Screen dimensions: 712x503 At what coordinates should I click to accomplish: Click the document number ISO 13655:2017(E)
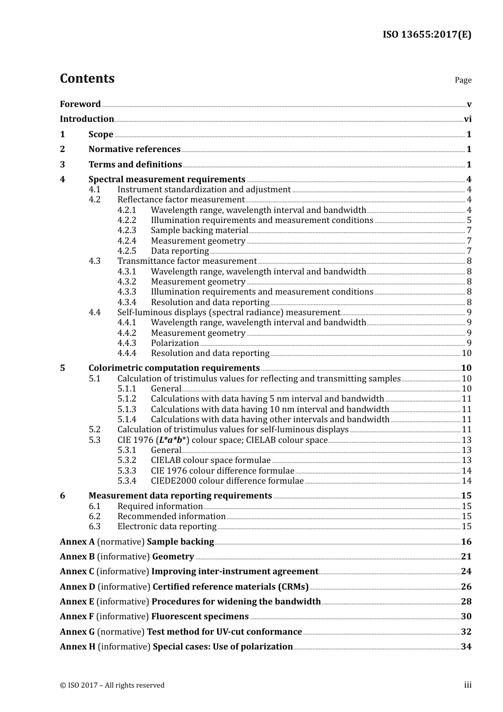pos(427,35)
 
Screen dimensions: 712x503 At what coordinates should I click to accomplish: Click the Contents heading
pos(87,78)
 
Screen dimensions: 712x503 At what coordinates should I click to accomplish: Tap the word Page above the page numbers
pos(463,80)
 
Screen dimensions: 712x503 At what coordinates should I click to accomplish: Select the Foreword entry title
pos(80,104)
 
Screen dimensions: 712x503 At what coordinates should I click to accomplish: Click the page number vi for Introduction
pos(468,119)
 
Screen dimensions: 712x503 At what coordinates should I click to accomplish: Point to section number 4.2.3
pos(127,230)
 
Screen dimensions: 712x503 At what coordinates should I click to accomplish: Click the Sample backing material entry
pos(199,230)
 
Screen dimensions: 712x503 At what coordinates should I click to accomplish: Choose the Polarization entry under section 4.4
pos(175,343)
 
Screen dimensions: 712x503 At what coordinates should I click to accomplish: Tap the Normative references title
pos(134,149)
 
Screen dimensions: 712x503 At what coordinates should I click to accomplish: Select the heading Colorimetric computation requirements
pos(174,368)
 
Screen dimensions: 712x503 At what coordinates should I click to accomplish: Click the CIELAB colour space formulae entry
pos(210,460)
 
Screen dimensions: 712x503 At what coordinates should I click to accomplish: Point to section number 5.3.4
pos(127,481)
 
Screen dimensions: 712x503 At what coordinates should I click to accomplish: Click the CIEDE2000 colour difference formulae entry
pos(227,481)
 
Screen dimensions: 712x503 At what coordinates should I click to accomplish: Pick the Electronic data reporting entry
pos(167,527)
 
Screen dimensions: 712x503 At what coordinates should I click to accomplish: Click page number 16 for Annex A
pos(466,542)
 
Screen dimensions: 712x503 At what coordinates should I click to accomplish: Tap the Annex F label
pos(77,617)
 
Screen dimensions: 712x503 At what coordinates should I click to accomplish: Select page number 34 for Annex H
pos(466,647)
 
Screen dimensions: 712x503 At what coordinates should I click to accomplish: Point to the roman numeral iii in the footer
pos(468,685)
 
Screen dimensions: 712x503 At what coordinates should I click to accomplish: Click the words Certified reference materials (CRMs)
pos(230,587)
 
